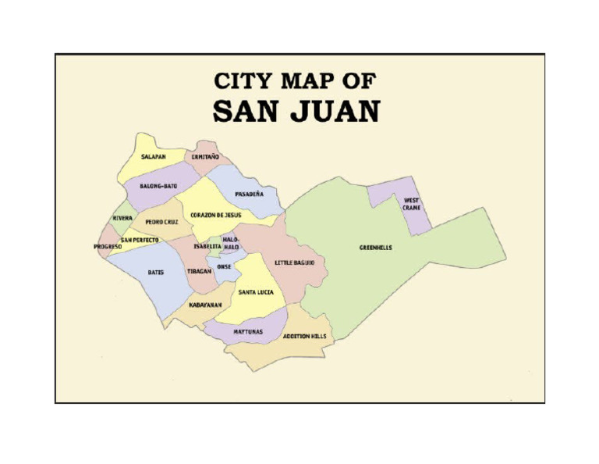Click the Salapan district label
153,157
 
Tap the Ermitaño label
205,157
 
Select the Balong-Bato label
158,186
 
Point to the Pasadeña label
249,194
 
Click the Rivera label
122,218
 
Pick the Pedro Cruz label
161,222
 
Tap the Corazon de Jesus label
216,215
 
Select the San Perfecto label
140,240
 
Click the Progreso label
108,247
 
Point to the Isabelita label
207,246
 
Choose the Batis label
156,273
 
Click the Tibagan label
200,271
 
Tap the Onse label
225,266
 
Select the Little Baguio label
294,263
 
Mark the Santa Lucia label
256,292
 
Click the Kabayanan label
205,305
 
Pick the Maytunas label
248,332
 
